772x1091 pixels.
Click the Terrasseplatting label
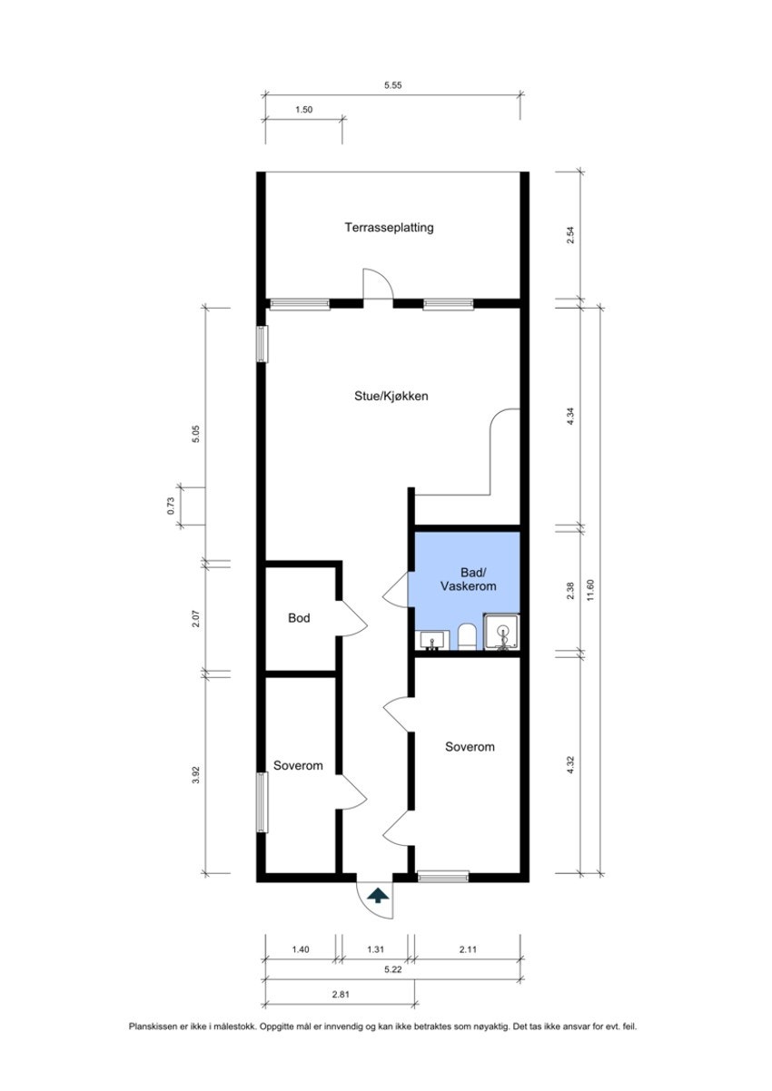pyautogui.click(x=389, y=228)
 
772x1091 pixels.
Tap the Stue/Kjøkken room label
pyautogui.click(x=391, y=397)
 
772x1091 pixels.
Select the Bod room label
pyautogui.click(x=299, y=618)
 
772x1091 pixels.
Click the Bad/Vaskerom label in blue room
pyautogui.click(x=467, y=579)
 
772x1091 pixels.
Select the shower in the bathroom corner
pyautogui.click(x=501, y=633)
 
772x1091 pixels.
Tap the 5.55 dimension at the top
pyautogui.click(x=393, y=84)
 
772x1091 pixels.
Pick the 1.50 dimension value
pyautogui.click(x=303, y=110)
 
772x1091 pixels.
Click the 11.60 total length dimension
pyautogui.click(x=591, y=590)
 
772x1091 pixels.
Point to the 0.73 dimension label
pyautogui.click(x=171, y=506)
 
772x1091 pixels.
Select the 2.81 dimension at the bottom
pyautogui.click(x=341, y=995)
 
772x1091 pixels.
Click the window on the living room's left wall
pyautogui.click(x=262, y=344)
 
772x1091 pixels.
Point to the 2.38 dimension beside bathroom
pyautogui.click(x=569, y=590)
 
